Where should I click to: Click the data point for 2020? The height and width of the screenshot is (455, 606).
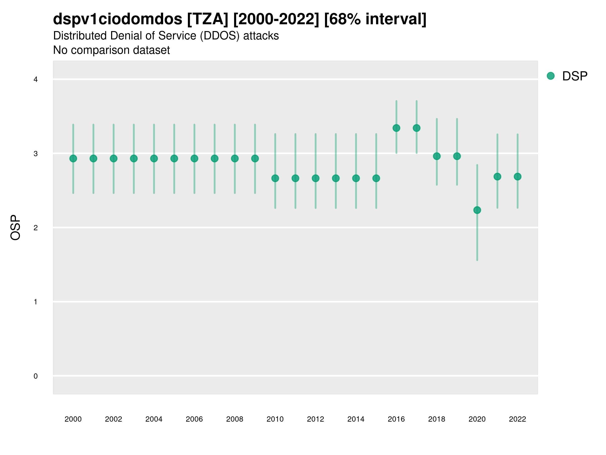click(477, 210)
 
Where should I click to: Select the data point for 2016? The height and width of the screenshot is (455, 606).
click(396, 128)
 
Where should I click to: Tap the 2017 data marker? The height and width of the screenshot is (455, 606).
click(416, 128)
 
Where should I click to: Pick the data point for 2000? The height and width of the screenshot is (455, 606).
click(73, 158)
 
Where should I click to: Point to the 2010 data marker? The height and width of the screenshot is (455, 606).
click(275, 178)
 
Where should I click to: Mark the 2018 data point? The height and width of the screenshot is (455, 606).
click(437, 156)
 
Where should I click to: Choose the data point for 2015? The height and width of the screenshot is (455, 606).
click(376, 178)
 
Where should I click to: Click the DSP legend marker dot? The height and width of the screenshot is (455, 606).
click(550, 76)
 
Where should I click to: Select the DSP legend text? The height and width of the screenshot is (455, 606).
click(575, 76)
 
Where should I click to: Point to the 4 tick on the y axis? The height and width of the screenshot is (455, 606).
click(36, 80)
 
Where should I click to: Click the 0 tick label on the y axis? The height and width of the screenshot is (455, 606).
click(36, 376)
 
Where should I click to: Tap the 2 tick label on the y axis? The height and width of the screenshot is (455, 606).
click(36, 228)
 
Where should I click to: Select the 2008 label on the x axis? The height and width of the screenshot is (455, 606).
click(235, 419)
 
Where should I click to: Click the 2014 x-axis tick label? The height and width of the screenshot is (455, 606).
click(356, 419)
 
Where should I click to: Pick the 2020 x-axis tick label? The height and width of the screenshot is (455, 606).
click(477, 419)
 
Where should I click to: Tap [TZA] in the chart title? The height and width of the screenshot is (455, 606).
click(208, 19)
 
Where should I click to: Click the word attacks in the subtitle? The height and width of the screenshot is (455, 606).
click(261, 36)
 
